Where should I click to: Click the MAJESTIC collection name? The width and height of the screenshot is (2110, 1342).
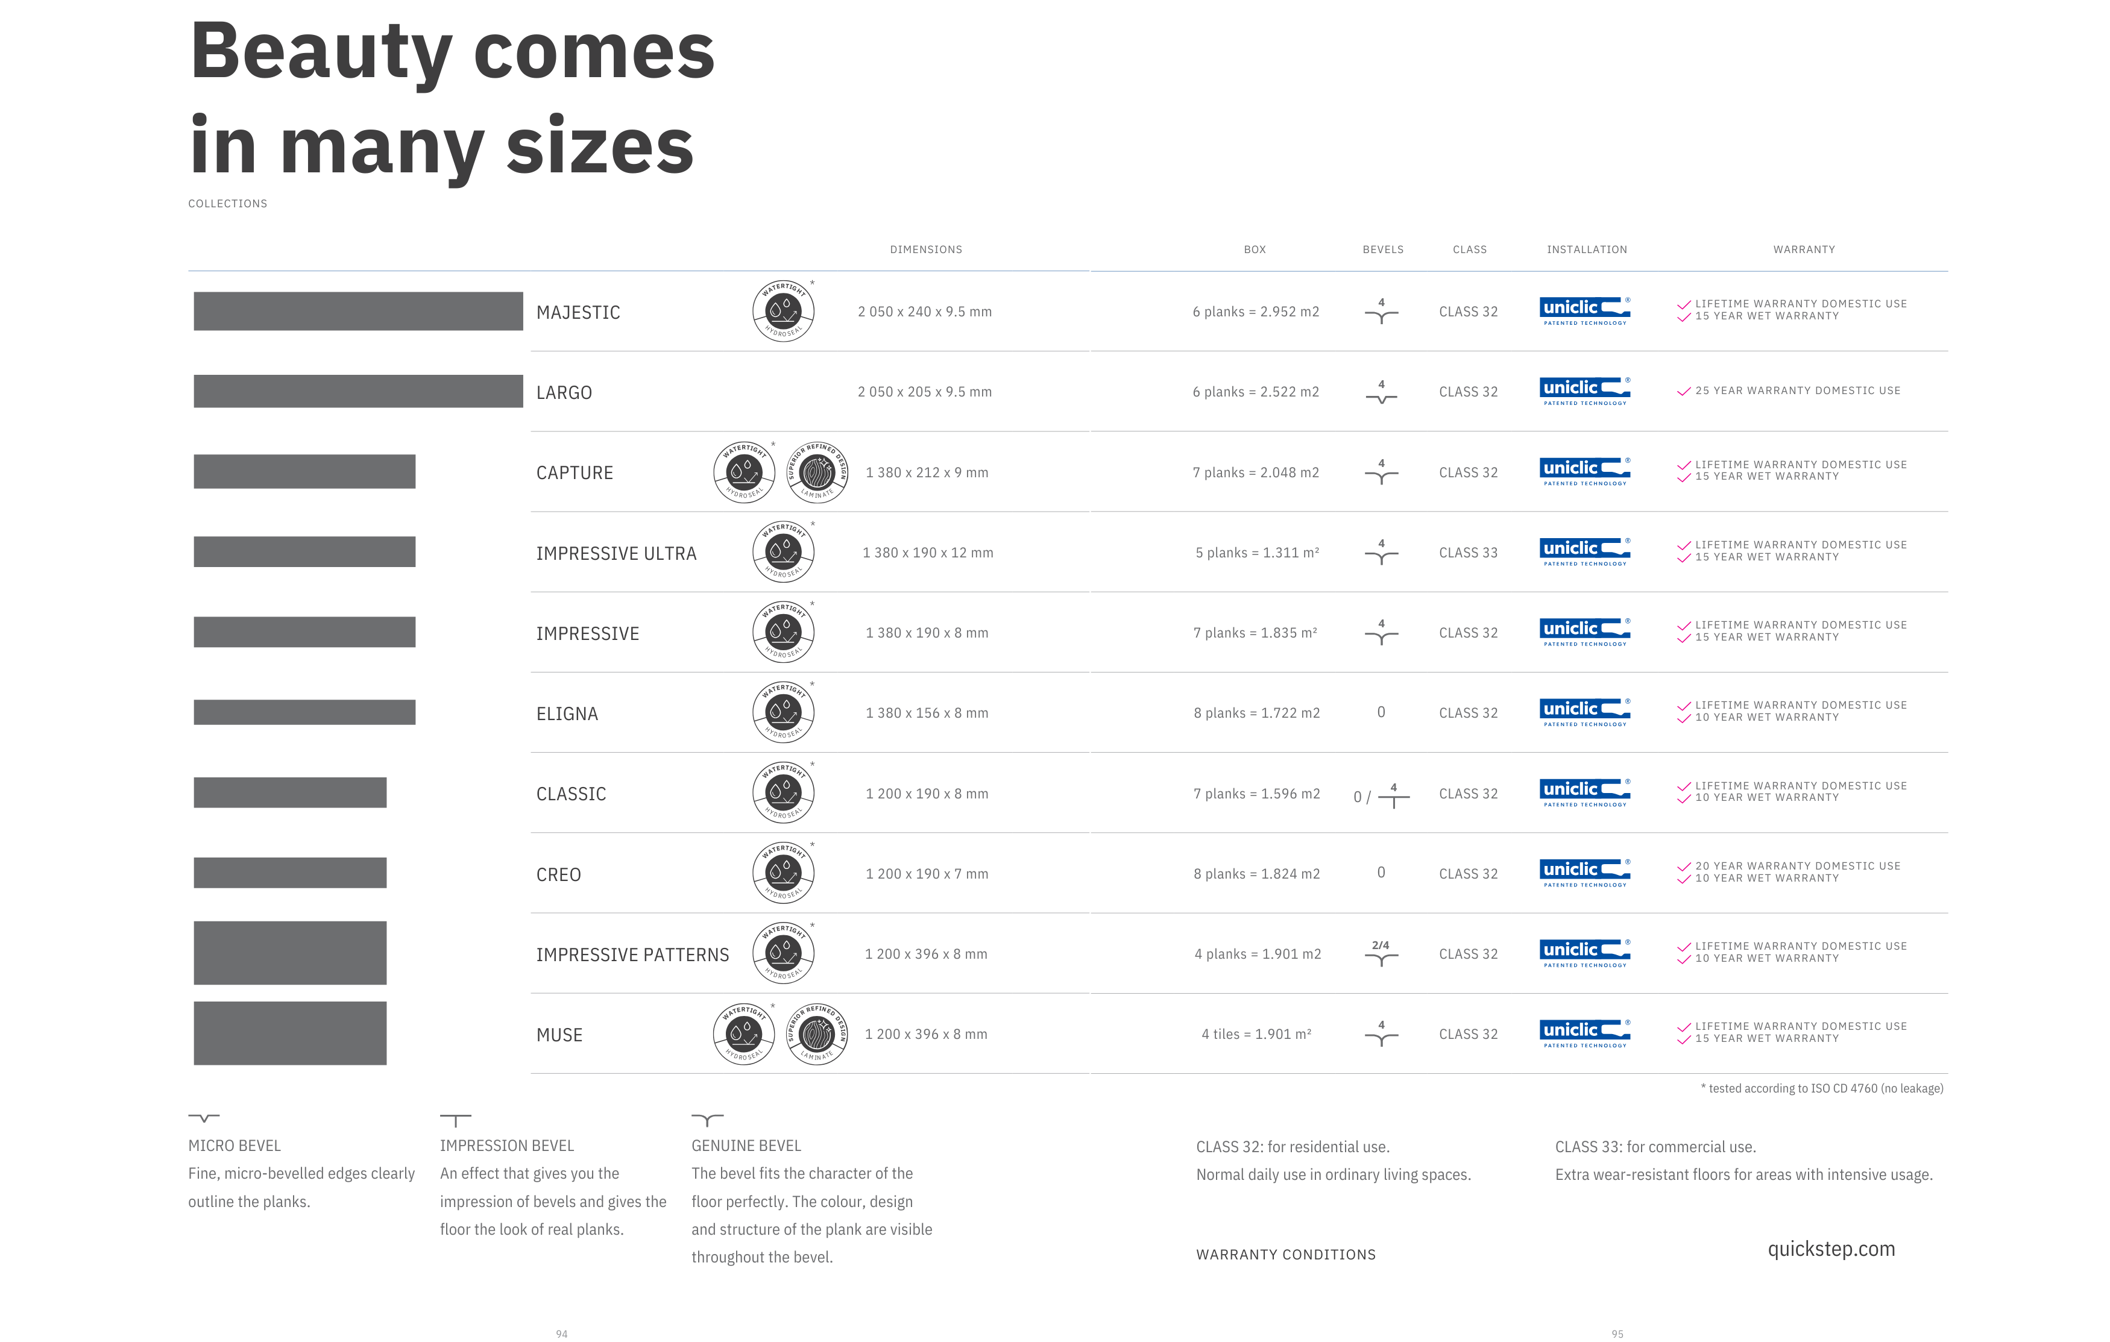click(x=578, y=313)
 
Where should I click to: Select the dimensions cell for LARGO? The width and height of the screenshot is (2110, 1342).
click(x=924, y=392)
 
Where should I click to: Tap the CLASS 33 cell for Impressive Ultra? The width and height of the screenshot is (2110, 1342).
click(x=1468, y=553)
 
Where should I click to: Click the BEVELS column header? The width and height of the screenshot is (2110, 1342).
click(x=1383, y=249)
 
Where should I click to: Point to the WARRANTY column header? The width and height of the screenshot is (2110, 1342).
click(x=1803, y=249)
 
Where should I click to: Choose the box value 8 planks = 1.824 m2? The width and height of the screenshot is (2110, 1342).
click(x=1256, y=873)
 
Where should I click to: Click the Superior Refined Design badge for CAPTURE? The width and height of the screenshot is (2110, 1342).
click(x=817, y=472)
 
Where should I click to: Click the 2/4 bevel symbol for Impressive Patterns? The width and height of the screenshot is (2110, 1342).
click(x=1381, y=953)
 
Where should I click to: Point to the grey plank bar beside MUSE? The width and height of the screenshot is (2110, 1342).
click(x=290, y=1033)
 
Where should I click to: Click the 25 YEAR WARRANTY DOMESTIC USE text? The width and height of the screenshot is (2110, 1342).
click(x=1797, y=390)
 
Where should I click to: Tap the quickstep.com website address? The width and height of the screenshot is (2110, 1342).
click(x=1830, y=1249)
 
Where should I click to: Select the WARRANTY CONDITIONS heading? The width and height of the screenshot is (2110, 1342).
click(x=1285, y=1255)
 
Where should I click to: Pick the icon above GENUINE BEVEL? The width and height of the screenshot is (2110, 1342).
click(x=707, y=1120)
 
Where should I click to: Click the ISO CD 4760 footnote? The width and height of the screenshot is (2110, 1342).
click(x=1822, y=1088)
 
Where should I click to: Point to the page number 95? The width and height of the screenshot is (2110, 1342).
click(x=1617, y=1333)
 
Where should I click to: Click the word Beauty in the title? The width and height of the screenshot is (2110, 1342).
click(x=321, y=52)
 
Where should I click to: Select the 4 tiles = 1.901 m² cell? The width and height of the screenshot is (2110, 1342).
click(x=1256, y=1033)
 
